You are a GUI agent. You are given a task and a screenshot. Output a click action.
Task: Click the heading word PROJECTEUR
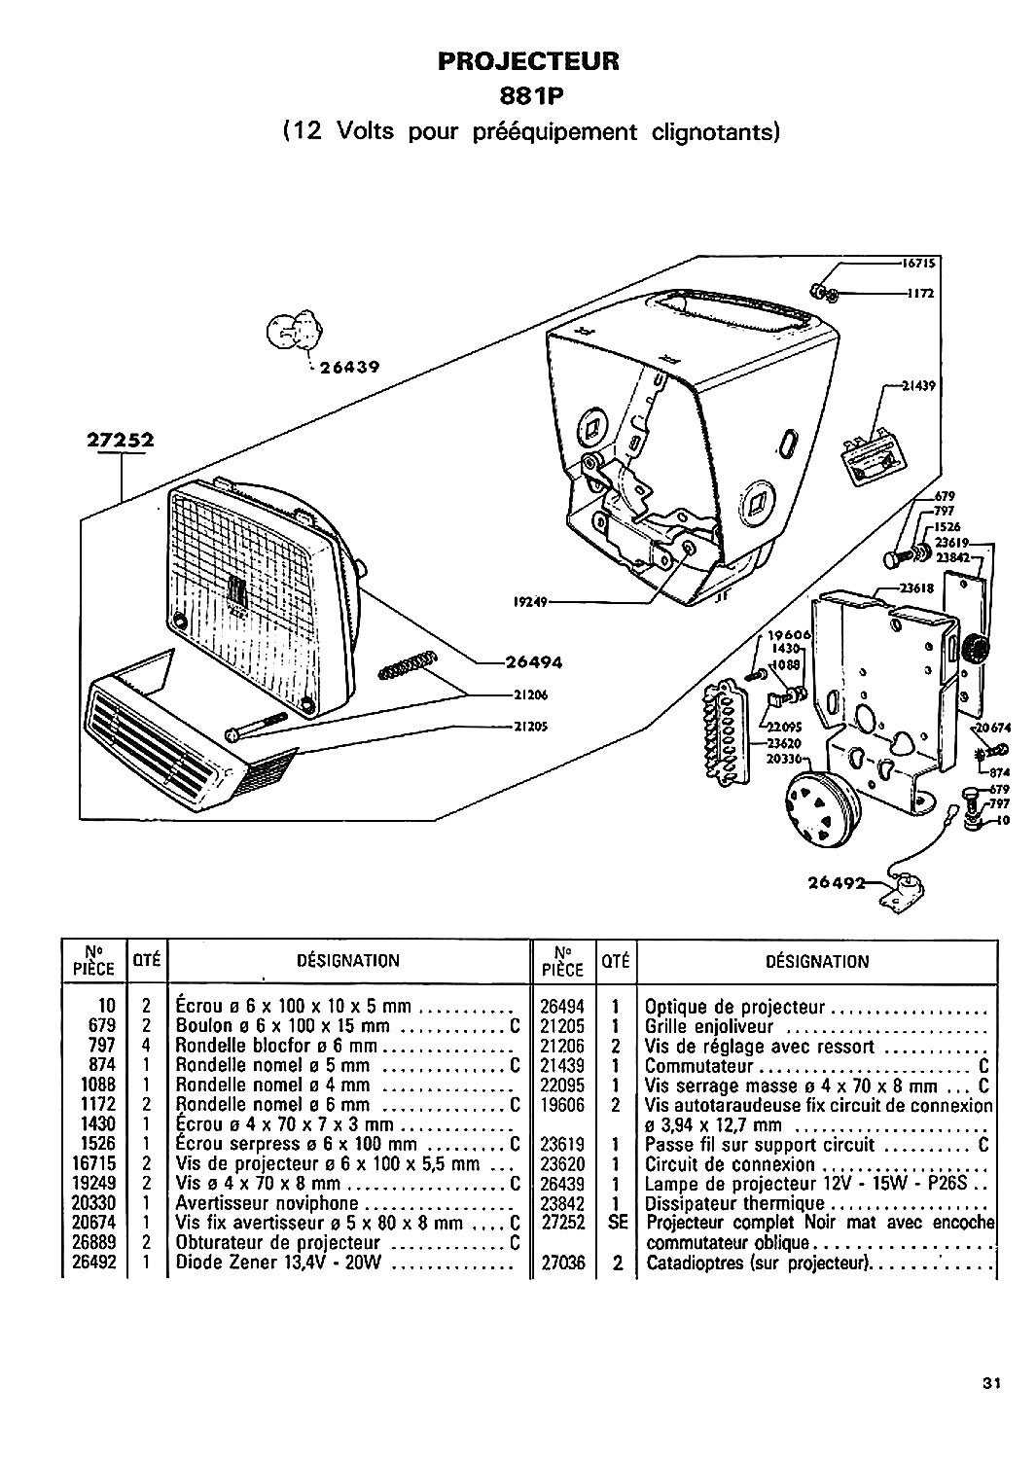(528, 61)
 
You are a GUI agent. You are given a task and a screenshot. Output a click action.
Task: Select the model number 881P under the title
(530, 96)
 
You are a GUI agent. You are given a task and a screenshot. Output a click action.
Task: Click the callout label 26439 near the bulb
(348, 368)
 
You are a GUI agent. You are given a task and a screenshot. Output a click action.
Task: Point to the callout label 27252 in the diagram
(121, 441)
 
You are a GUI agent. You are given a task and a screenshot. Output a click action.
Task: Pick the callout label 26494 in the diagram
(534, 663)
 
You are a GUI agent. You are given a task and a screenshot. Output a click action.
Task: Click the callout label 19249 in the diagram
(530, 602)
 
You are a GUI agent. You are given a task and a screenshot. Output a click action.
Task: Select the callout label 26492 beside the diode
(837, 882)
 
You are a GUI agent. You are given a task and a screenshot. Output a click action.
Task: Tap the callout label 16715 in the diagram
(918, 264)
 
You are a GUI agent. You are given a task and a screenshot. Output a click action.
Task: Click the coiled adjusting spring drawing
(407, 664)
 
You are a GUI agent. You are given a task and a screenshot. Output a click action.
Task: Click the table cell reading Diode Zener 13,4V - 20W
(278, 1263)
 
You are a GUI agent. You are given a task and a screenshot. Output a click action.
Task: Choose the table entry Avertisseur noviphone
(268, 1203)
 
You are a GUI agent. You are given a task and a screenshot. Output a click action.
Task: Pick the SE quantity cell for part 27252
(617, 1223)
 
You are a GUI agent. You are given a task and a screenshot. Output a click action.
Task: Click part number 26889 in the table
(93, 1242)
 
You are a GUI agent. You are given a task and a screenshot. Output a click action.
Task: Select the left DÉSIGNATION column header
(348, 961)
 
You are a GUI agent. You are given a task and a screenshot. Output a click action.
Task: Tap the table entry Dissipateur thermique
(735, 1204)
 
